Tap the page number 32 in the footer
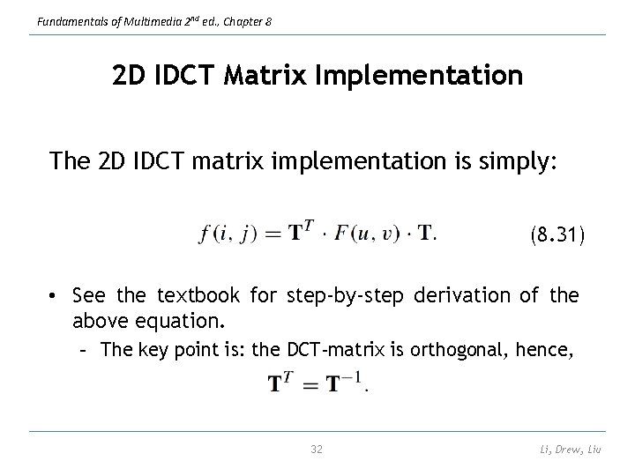coord(317,450)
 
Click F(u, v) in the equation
coord(362,234)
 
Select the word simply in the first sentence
coord(517,160)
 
